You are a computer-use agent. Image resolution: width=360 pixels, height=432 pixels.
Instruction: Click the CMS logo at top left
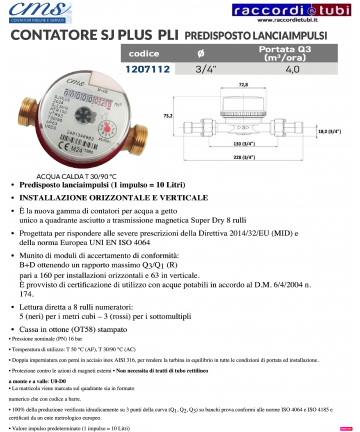click(x=40, y=13)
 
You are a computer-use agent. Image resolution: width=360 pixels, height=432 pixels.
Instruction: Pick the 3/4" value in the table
click(x=203, y=70)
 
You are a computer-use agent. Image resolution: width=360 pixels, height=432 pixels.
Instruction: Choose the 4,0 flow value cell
click(x=292, y=70)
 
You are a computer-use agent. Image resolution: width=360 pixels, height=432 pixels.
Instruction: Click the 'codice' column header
click(x=145, y=52)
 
